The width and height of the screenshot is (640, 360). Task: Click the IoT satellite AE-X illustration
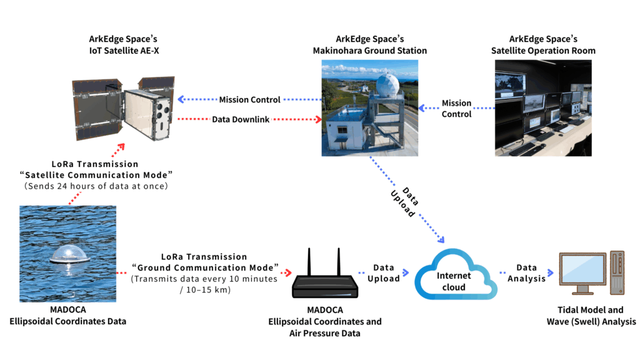[123, 108]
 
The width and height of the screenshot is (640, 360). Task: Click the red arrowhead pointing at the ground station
[318, 119]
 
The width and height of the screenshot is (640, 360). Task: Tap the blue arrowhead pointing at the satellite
[181, 99]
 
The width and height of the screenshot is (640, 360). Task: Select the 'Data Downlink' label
[241, 119]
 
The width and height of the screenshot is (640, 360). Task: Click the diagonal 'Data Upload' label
[404, 202]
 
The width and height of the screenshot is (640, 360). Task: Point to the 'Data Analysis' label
[526, 273]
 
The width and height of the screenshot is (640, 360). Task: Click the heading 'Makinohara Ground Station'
[370, 51]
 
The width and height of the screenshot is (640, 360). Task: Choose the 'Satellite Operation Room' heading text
[543, 51]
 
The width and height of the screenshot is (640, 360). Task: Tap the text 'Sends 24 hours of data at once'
[96, 186]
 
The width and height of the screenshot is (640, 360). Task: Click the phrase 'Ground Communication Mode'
[205, 267]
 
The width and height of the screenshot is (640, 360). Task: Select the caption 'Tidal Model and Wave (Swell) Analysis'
[591, 316]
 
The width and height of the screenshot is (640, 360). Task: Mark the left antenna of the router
[309, 262]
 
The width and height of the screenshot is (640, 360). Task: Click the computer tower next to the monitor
[617, 272]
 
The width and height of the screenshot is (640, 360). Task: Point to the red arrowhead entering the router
[289, 272]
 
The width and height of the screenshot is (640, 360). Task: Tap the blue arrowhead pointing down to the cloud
[441, 239]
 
